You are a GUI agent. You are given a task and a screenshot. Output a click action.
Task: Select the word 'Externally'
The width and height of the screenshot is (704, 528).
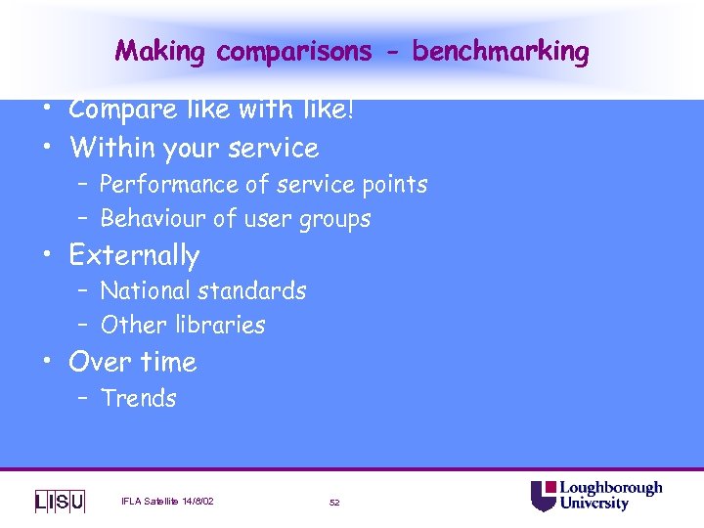tap(134, 256)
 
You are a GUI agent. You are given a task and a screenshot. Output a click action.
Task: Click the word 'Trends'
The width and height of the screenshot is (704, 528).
tap(139, 399)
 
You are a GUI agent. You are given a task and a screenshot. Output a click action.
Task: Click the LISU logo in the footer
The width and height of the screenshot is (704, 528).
tap(60, 501)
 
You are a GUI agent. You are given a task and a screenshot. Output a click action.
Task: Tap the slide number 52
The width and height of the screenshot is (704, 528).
tap(334, 502)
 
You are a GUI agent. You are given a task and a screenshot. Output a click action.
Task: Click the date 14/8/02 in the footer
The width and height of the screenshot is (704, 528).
tap(196, 502)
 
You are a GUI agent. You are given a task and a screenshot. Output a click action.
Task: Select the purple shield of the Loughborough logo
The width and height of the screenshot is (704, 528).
tap(544, 496)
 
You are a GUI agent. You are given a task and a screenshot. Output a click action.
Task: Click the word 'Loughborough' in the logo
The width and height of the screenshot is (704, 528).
tap(610, 488)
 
